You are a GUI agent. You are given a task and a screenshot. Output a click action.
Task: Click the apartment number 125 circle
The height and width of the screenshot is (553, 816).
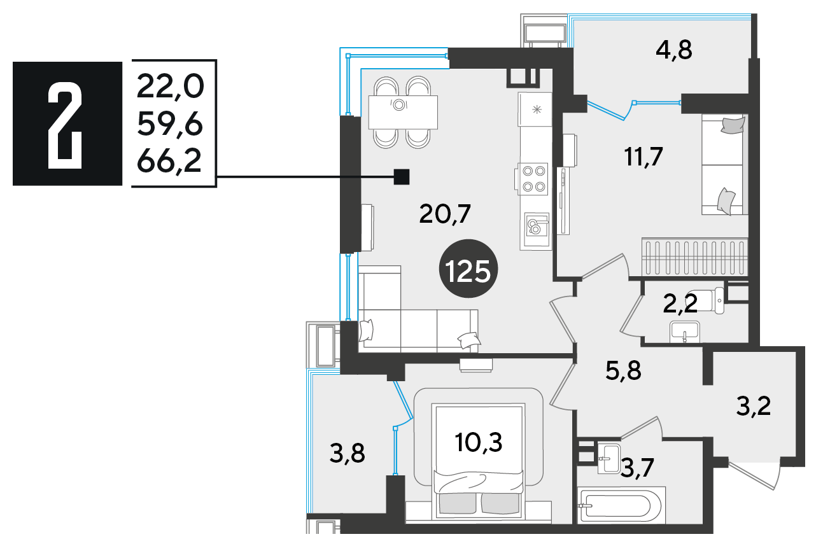point(468,269)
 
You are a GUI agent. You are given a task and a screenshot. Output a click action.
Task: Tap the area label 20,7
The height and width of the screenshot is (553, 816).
point(445,214)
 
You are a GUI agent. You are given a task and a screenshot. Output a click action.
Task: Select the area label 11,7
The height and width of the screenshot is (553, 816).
point(644,157)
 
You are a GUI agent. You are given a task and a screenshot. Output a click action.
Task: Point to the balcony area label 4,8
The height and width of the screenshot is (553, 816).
point(673,50)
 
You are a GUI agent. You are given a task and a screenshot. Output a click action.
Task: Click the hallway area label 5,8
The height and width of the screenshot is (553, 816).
point(623,371)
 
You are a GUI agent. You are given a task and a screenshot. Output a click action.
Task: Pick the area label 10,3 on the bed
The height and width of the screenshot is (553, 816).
point(478,443)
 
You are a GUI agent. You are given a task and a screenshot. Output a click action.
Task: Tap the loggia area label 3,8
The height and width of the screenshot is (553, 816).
point(347,454)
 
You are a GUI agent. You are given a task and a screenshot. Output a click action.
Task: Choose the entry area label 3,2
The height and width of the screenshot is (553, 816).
point(754,407)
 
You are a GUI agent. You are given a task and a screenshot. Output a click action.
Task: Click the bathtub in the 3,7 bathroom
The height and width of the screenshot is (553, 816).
point(621,505)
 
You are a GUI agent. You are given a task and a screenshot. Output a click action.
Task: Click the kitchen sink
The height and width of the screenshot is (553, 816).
point(537,225)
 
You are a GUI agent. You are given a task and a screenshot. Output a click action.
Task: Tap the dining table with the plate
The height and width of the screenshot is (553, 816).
point(403,112)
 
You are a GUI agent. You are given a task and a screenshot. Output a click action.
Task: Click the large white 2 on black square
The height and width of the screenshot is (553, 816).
point(65,126)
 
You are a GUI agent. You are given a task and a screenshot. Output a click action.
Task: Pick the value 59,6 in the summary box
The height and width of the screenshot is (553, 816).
point(170,125)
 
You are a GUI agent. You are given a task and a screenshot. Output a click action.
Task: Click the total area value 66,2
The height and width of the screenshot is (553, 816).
point(169,162)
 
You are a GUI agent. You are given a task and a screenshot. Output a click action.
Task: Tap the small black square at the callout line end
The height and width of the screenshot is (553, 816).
point(402,177)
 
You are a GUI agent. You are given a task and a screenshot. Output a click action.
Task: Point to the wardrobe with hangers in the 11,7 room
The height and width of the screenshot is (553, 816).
point(694,257)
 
